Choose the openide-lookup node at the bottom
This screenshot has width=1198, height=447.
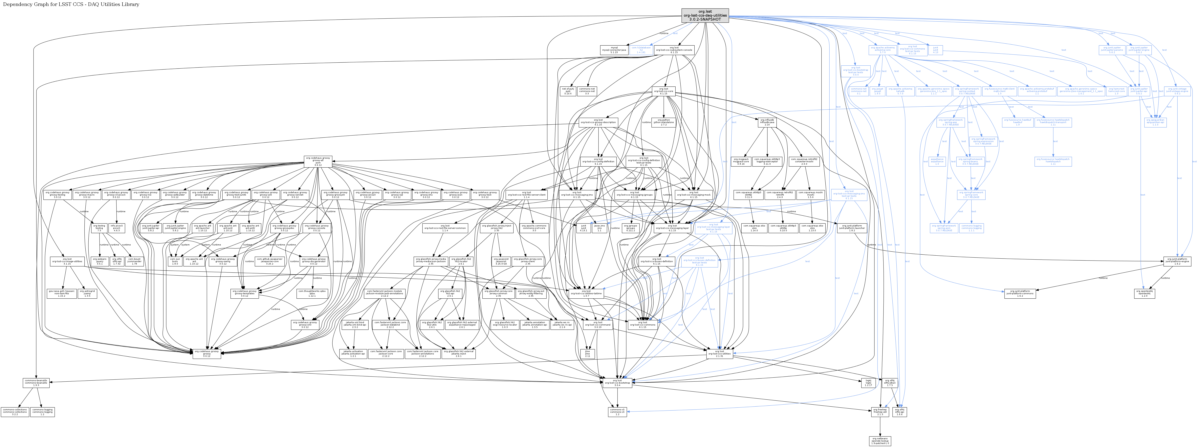coord(880,440)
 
